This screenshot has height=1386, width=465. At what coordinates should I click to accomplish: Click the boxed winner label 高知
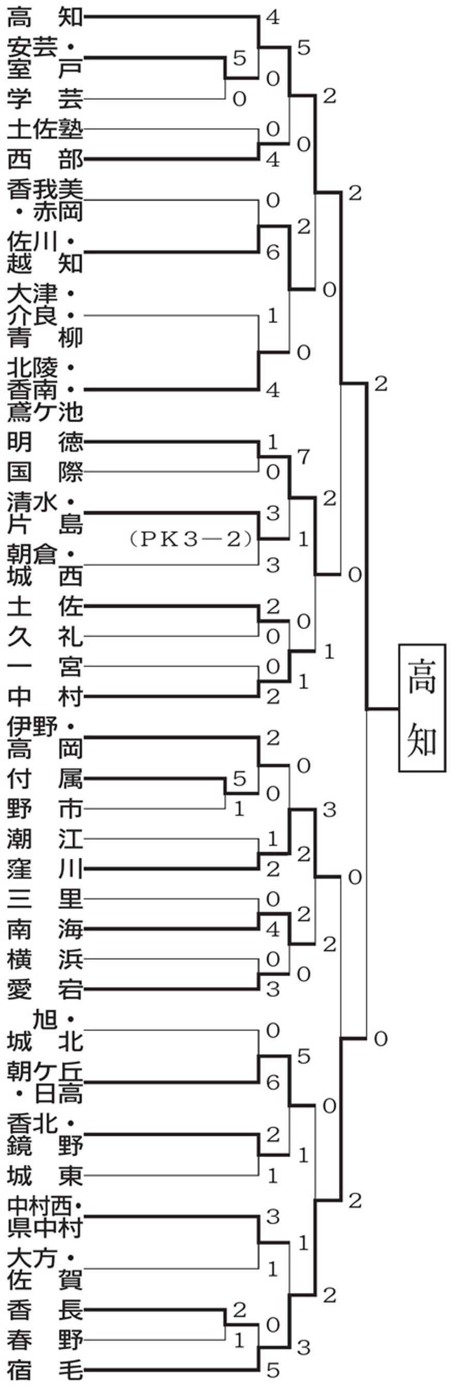click(422, 708)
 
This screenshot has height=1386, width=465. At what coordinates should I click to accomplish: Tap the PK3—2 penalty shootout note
click(191, 538)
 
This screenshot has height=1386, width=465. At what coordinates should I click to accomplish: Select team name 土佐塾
click(45, 129)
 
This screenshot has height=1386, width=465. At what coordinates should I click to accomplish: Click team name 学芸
click(45, 99)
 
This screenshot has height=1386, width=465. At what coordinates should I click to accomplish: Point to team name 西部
click(45, 159)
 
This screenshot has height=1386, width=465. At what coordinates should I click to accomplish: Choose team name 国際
click(45, 472)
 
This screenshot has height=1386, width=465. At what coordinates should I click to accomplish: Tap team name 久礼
click(45, 637)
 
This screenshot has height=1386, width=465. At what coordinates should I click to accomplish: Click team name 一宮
click(45, 667)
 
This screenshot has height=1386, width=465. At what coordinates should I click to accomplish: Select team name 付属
click(45, 779)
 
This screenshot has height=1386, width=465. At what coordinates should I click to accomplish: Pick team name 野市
click(45, 809)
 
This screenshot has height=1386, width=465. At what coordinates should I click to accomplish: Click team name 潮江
click(45, 839)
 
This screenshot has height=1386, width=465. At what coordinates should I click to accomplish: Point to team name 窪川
click(45, 869)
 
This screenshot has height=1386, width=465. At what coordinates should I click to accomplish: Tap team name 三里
click(45, 899)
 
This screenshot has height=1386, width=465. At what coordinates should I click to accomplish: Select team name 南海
click(45, 929)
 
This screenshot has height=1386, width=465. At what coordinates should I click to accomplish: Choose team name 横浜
click(45, 959)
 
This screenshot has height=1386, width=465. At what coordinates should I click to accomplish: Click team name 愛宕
click(45, 990)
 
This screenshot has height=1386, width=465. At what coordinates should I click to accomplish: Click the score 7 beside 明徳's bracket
click(304, 457)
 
